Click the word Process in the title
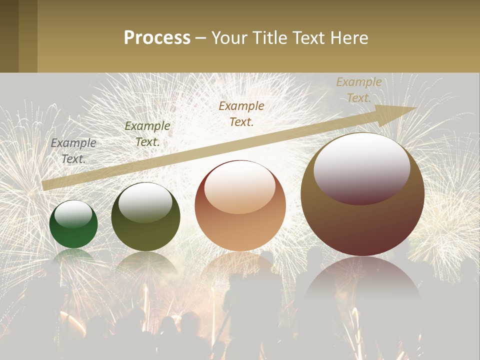[x=157, y=38]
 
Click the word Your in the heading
[x=228, y=38]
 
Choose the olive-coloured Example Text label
[x=147, y=134]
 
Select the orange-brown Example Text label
[x=241, y=113]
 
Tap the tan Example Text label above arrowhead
[x=359, y=90]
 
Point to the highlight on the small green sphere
[x=73, y=214]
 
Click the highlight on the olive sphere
[x=145, y=201]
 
